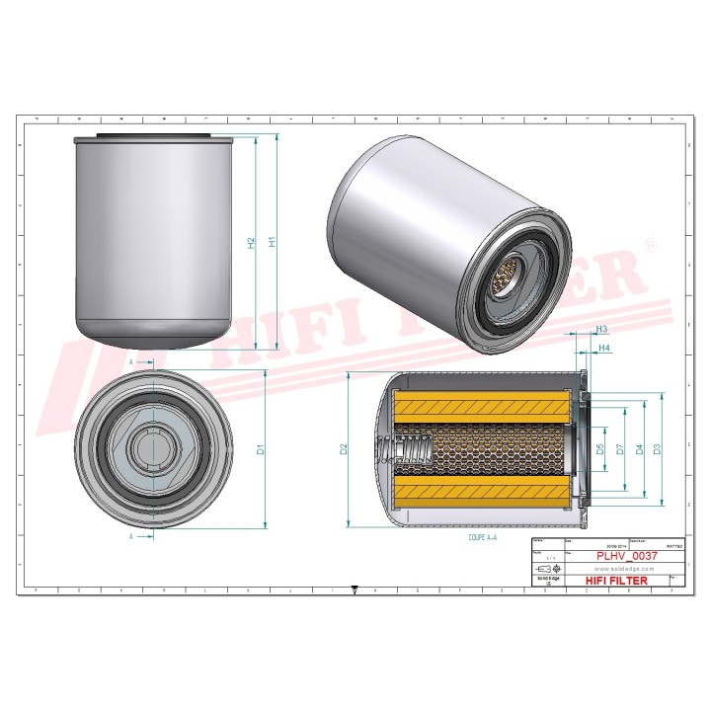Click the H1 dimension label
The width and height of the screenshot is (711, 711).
tap(273, 240)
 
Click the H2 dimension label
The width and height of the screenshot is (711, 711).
tap(252, 242)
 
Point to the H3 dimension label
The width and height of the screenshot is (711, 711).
tap(601, 330)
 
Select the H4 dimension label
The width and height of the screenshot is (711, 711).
tap(605, 349)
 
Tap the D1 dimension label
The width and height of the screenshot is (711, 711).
tap(262, 449)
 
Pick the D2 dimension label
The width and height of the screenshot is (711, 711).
tap(344, 449)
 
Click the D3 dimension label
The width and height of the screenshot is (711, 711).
tap(657, 449)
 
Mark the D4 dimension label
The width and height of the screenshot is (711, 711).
tap(640, 449)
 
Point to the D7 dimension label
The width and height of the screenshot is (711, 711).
tap(619, 449)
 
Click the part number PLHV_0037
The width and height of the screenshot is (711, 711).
tap(623, 557)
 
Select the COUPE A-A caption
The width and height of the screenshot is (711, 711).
tap(483, 539)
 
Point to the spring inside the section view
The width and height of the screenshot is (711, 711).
tap(410, 453)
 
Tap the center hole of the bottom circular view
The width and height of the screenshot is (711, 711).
tap(153, 450)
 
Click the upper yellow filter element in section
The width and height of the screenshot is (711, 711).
tap(482, 405)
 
